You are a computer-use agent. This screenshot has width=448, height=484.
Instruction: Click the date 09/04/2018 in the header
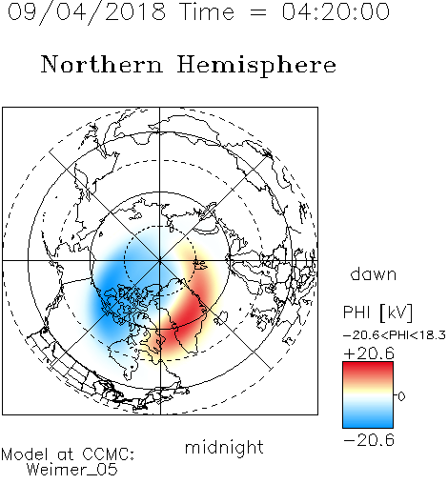(x=87, y=12)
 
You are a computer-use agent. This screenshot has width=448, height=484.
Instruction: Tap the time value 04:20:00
(x=336, y=11)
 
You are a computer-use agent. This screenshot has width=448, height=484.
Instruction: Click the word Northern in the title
(x=102, y=64)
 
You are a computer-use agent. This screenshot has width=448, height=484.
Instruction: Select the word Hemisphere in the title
(x=256, y=66)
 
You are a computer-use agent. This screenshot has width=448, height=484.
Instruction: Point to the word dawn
(x=374, y=274)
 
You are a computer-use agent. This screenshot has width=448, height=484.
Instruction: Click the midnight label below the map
(x=224, y=447)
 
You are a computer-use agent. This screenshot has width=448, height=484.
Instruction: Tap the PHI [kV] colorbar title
(x=377, y=313)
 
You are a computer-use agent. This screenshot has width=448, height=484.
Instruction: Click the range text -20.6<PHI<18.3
(x=395, y=335)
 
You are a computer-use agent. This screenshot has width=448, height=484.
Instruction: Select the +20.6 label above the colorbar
(x=369, y=353)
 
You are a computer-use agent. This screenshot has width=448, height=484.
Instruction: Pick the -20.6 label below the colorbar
(x=369, y=440)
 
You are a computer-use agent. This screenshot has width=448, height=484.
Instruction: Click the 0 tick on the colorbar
(x=401, y=396)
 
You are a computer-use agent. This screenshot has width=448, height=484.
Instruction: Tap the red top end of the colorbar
(x=368, y=365)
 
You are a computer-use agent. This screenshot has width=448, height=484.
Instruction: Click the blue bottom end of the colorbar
(x=368, y=424)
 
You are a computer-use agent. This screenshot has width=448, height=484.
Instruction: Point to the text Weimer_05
(x=72, y=469)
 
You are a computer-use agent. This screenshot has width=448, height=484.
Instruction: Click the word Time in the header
(x=207, y=11)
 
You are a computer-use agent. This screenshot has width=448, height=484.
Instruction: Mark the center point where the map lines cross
(x=160, y=260)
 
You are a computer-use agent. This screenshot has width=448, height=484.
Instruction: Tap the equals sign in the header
(x=257, y=12)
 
